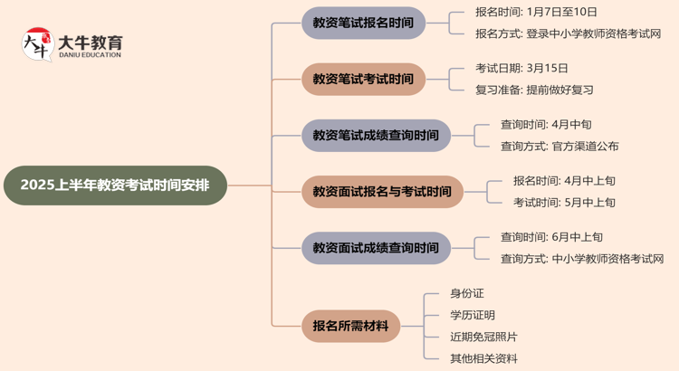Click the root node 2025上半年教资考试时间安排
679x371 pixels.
[115, 185]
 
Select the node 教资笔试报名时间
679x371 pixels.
[362, 23]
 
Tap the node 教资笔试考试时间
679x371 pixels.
[362, 79]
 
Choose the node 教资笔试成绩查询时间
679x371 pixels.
[375, 136]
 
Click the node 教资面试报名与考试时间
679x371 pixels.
[381, 192]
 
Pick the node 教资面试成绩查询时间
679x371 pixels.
[375, 248]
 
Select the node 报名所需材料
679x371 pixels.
[349, 326]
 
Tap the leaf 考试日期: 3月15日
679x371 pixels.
[521, 68]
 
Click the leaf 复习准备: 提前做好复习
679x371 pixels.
[534, 90]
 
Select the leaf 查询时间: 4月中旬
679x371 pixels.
[546, 124]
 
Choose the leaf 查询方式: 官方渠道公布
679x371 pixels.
[559, 146]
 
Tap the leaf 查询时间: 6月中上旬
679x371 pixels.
[551, 237]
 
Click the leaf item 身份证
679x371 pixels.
[467, 293]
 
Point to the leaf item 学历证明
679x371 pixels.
[473, 315]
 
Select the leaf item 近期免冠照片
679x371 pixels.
[484, 337]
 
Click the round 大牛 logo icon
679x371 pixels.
[38, 44]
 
